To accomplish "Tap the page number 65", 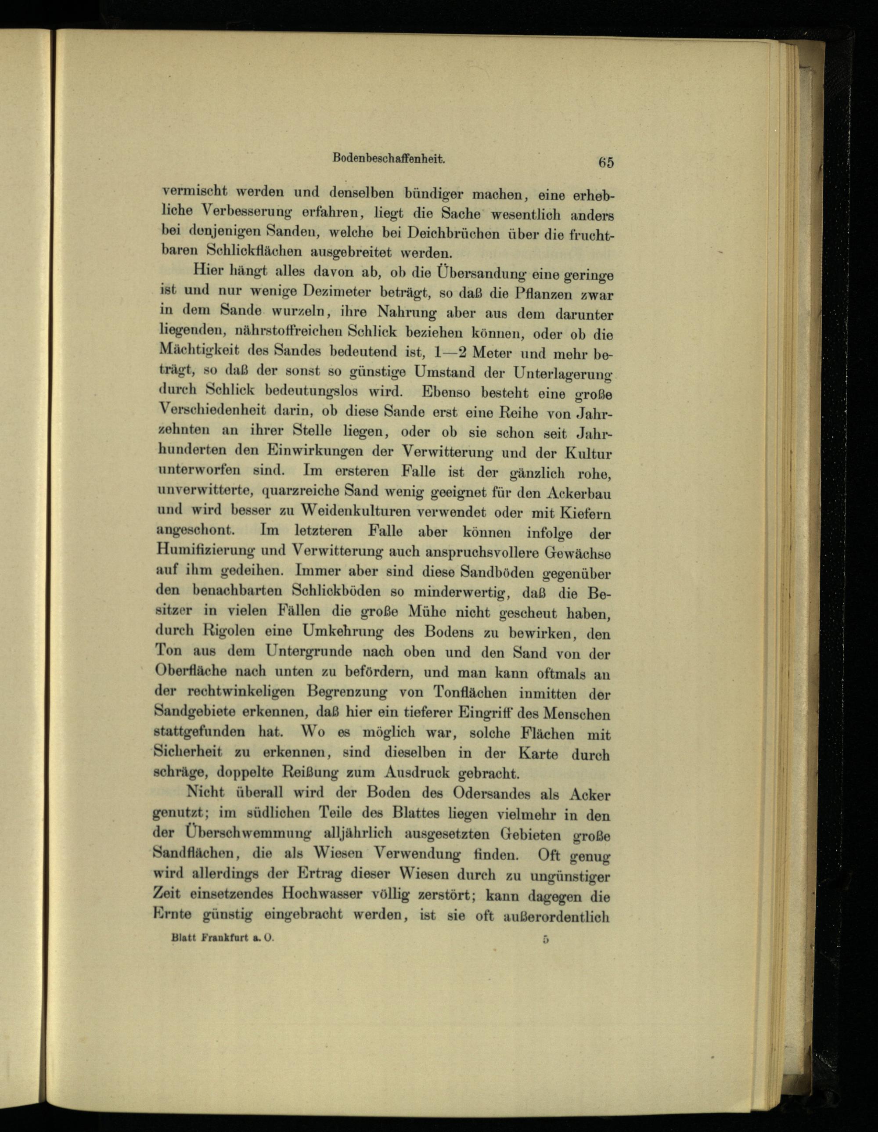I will (605, 162).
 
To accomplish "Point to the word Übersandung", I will (480, 272).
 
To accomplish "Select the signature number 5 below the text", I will (545, 939).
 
